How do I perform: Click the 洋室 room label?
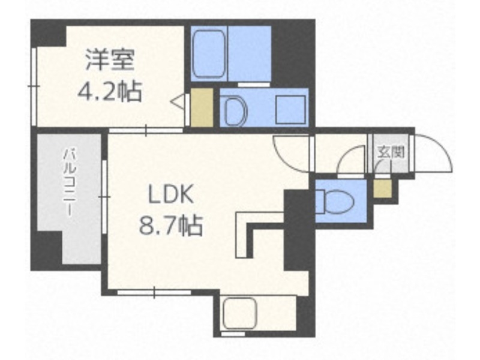point(110,61)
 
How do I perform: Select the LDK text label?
point(171,195)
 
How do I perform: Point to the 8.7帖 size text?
point(171,227)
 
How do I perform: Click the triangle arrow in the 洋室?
point(179,104)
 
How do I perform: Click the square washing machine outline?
point(290,109)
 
